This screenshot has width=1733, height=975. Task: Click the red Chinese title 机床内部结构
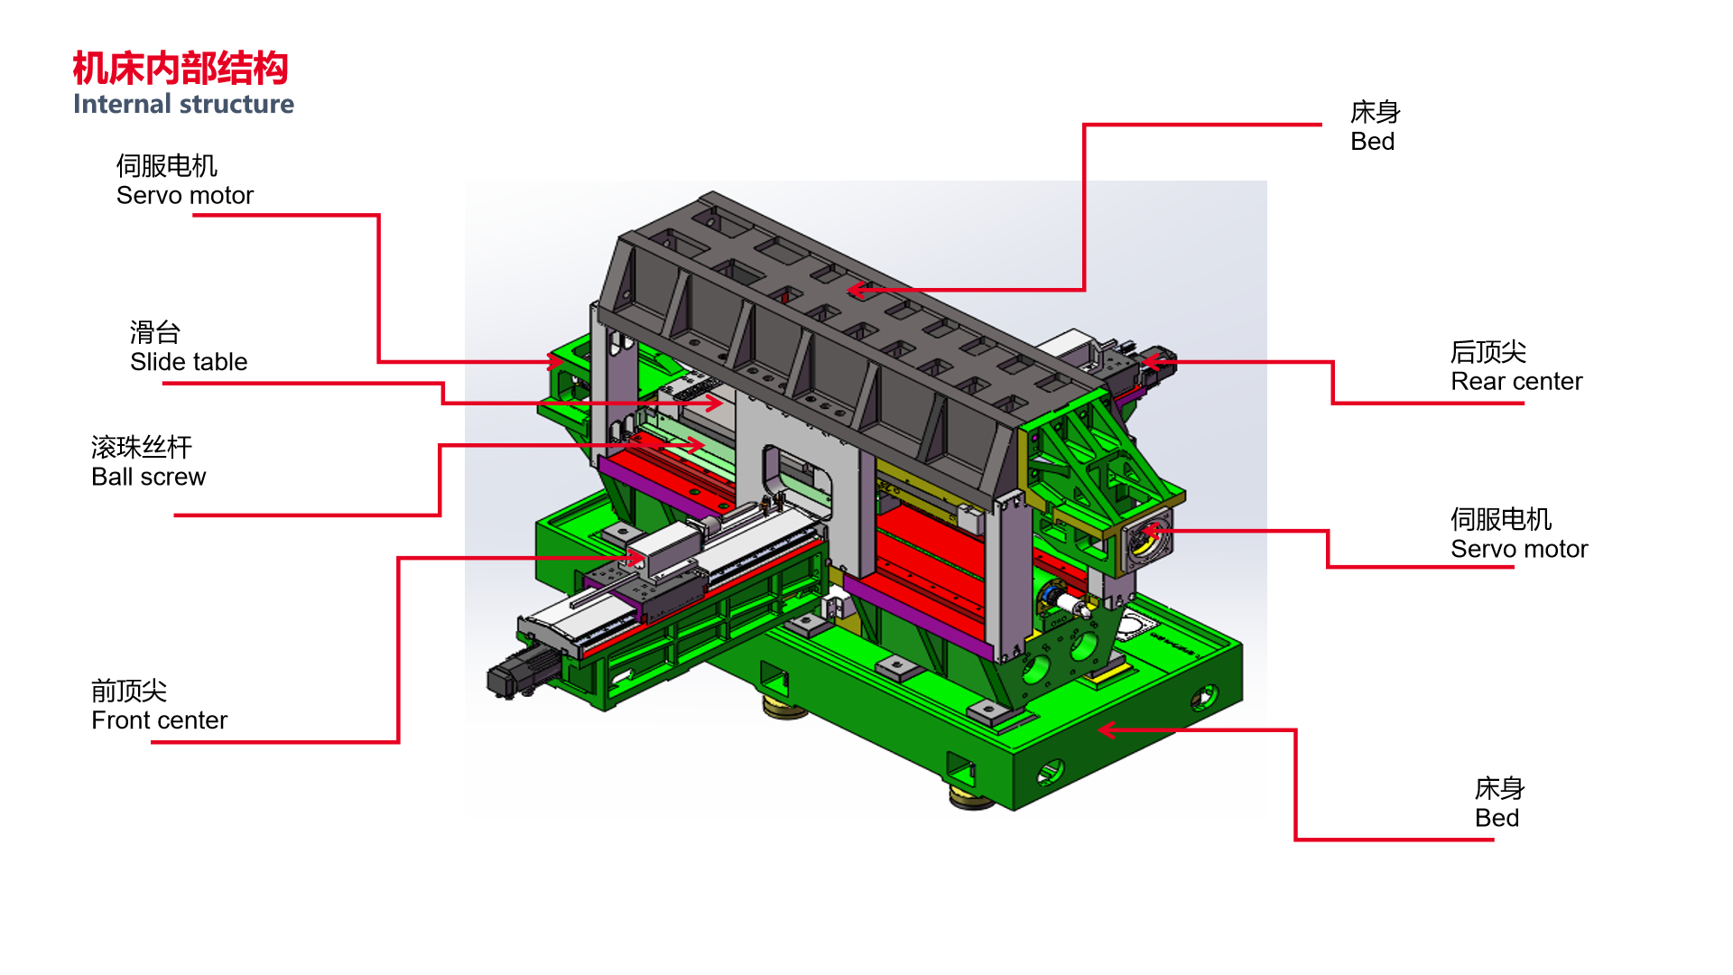click(x=181, y=69)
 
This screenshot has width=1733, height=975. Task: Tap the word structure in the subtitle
click(x=236, y=104)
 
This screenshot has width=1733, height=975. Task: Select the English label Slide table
click(x=189, y=362)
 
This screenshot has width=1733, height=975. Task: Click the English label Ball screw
click(x=149, y=477)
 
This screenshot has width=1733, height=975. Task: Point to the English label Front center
click(x=160, y=720)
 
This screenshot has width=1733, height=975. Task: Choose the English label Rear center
click(x=1516, y=381)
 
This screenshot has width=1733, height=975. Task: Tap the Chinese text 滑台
click(x=155, y=332)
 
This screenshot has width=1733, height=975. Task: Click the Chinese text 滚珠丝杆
click(x=142, y=447)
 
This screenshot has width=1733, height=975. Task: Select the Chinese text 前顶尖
click(x=129, y=691)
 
